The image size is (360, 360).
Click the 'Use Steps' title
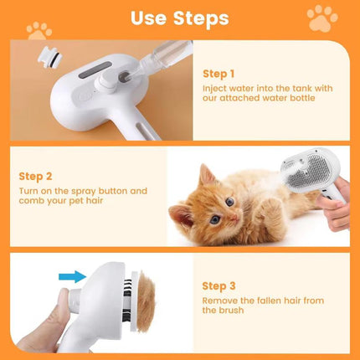pos(179,18)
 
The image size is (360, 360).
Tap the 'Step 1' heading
pos(219,73)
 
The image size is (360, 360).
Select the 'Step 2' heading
pos(37,177)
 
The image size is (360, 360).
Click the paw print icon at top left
pos(38,31)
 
